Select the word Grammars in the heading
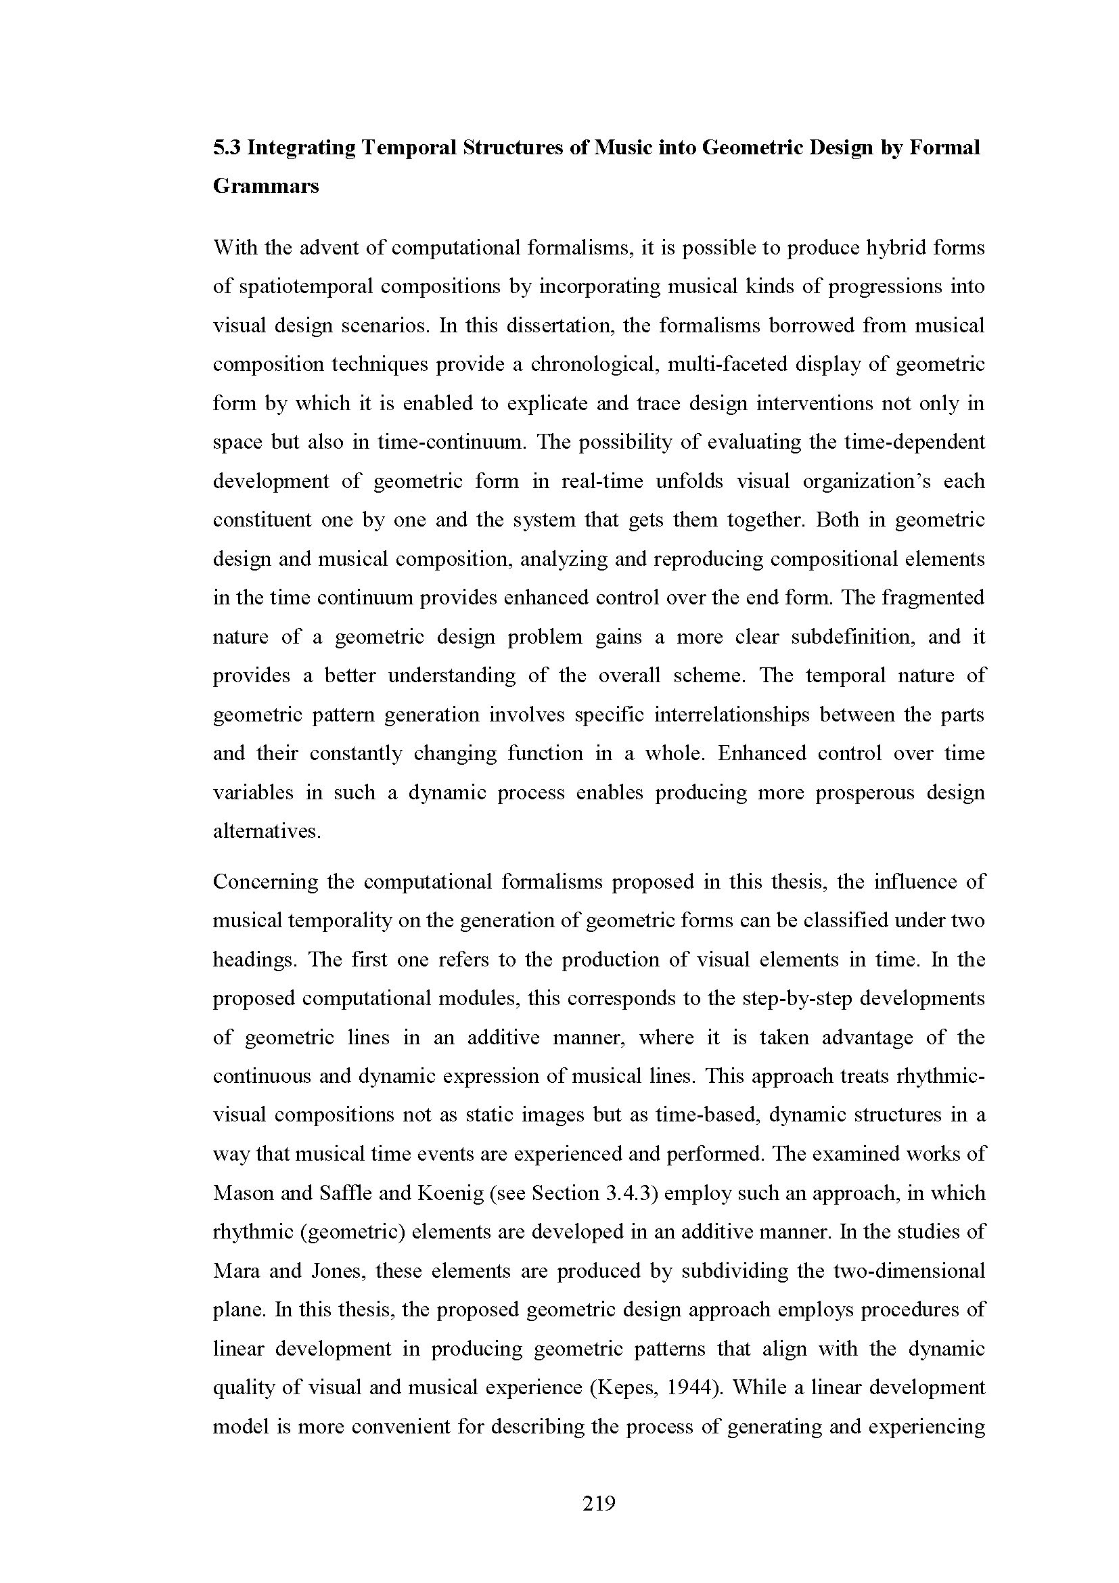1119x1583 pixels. tap(265, 186)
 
